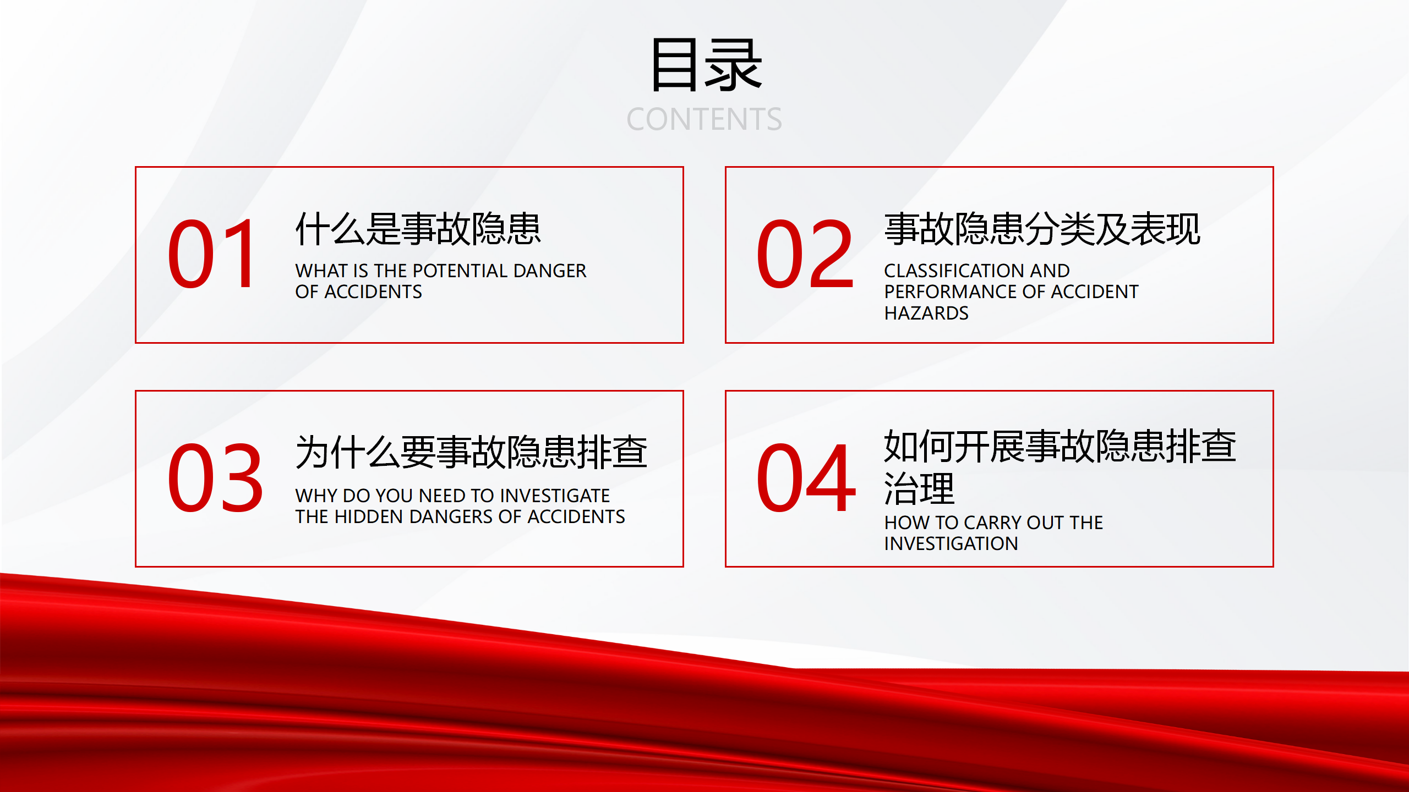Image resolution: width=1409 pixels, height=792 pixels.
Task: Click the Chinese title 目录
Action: tap(706, 64)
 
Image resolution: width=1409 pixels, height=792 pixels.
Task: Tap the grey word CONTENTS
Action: tap(704, 119)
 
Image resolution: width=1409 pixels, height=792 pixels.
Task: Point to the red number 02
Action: tap(805, 254)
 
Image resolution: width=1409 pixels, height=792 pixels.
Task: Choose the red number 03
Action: tap(215, 477)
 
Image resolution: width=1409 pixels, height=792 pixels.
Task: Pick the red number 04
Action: tap(806, 477)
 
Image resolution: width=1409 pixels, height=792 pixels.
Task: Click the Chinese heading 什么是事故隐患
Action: tap(418, 229)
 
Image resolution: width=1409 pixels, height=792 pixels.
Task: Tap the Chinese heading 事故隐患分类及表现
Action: tap(1042, 229)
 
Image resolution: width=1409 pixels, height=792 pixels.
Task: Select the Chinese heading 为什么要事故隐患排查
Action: tap(471, 452)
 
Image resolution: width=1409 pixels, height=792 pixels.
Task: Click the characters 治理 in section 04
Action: tap(919, 488)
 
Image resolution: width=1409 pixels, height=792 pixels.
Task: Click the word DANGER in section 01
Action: tap(550, 271)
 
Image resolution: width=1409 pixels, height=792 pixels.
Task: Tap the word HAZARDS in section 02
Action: tap(926, 313)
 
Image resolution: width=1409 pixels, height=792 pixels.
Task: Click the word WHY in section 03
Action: tap(316, 496)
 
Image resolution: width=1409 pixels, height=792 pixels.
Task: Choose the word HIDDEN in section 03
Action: tap(369, 517)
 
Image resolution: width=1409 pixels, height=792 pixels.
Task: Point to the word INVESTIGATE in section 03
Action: tap(555, 496)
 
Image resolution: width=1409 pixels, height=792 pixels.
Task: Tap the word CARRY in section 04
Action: tap(990, 522)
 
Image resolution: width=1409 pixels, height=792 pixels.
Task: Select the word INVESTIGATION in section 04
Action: tap(951, 544)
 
